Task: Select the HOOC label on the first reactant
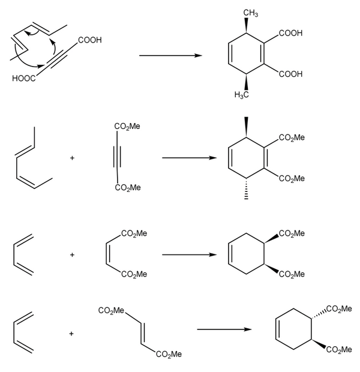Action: [x=22, y=78]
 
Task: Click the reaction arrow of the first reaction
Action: [x=170, y=56]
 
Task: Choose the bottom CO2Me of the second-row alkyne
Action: [x=127, y=188]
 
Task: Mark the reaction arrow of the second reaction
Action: [x=189, y=158]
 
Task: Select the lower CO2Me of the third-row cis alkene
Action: [x=134, y=275]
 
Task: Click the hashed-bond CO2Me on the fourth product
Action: [x=337, y=308]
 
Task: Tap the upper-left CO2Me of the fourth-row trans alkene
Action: [x=112, y=310]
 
